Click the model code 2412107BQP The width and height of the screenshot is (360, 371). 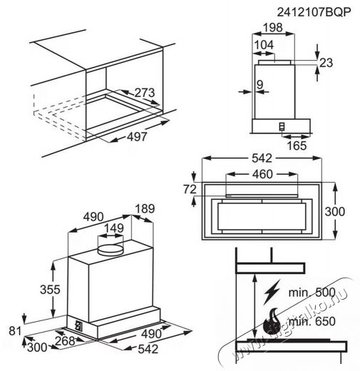pos(314,12)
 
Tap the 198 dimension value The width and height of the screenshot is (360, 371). pos(273,28)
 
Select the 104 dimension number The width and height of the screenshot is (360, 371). pos(264,45)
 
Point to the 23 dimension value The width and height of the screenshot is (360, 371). pos(326,63)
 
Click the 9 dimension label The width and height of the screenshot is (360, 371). pos(260,84)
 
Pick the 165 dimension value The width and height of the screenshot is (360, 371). pos(297,146)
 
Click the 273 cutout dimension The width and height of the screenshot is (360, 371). pos(145,93)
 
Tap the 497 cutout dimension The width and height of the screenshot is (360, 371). pos(137,137)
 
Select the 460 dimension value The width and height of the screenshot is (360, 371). pos(262,174)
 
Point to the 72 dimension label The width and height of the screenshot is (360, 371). pos(190,189)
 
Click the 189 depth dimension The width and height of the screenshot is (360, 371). pos(145,208)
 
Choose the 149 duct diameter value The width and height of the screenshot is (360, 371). pos(114,228)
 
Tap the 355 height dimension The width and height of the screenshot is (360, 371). pos(50,290)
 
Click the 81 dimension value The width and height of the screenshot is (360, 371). pos(15,331)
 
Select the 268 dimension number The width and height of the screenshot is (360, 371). pos(65,341)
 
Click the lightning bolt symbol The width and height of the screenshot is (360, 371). pos(272,293)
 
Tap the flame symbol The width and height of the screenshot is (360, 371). pos(272,321)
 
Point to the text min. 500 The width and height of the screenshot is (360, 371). pos(312,293)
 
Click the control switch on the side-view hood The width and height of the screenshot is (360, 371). pos(282,127)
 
